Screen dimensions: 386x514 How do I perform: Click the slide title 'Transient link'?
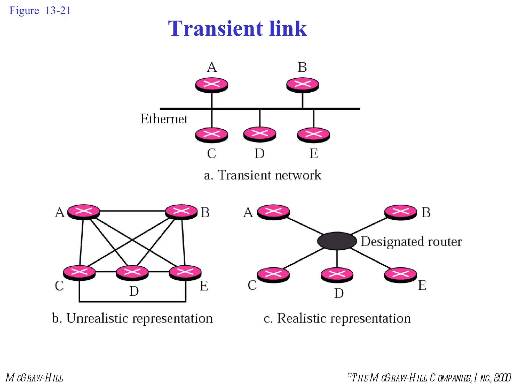(237, 28)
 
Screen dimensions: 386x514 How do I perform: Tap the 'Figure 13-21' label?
(40, 11)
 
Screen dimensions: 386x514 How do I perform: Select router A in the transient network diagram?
(212, 85)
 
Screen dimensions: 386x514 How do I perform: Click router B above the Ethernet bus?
(302, 85)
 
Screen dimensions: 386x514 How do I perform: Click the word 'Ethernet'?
(164, 119)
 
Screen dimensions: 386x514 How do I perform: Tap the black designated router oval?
(337, 241)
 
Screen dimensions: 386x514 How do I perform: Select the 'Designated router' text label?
(411, 242)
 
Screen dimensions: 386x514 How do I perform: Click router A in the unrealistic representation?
(84, 212)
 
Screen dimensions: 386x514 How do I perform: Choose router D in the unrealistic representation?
(132, 273)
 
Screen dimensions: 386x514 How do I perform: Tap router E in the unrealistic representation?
(185, 272)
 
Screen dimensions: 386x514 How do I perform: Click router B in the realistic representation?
(401, 212)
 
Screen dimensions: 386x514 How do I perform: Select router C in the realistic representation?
(273, 275)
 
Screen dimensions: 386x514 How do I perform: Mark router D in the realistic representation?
(337, 275)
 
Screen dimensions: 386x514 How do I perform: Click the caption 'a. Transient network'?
(262, 175)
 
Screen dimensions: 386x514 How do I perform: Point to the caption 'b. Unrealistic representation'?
(132, 318)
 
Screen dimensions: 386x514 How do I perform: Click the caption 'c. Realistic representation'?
(337, 318)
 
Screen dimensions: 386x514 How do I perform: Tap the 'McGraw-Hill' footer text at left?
(34, 378)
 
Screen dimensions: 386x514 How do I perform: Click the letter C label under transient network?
(211, 154)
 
